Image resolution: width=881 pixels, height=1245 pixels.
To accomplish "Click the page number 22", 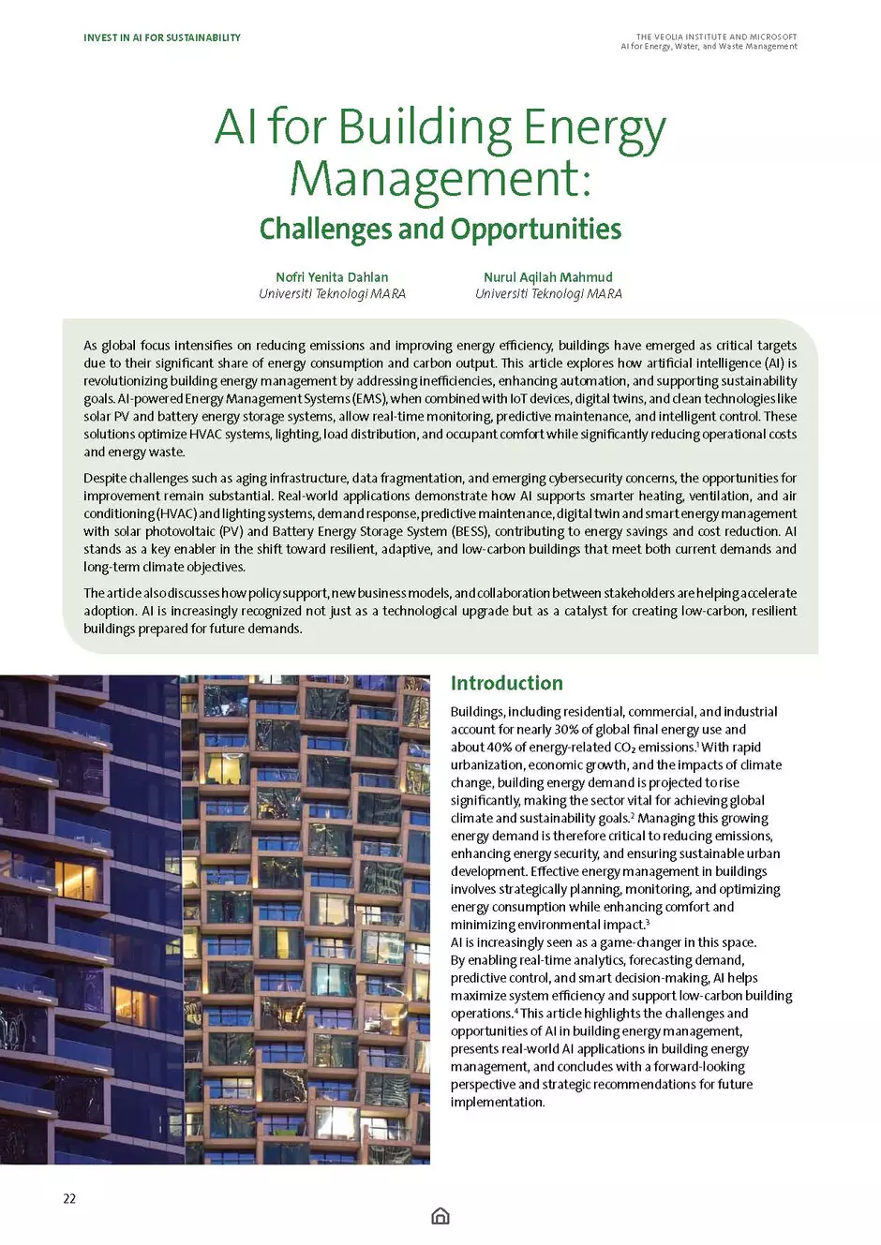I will (x=69, y=1198).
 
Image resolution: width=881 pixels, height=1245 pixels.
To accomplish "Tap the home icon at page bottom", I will (x=440, y=1216).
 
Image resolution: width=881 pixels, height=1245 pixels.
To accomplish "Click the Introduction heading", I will (x=506, y=683).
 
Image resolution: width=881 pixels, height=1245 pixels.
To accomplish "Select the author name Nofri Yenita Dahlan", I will (x=332, y=277).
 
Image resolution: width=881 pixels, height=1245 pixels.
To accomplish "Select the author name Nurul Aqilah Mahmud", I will (x=547, y=277).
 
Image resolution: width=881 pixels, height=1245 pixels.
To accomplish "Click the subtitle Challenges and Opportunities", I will (x=440, y=229).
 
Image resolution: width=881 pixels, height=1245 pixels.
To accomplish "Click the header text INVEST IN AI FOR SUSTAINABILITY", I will (x=161, y=37).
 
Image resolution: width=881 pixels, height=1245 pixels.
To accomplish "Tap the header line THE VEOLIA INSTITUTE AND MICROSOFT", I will (x=716, y=37).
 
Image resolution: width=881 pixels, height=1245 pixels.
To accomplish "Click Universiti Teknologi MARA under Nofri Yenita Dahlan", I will (x=332, y=294).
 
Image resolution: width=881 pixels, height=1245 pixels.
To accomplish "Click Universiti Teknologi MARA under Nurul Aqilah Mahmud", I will (x=547, y=294).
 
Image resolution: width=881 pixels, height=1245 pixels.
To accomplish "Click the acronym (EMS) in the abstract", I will (x=369, y=398).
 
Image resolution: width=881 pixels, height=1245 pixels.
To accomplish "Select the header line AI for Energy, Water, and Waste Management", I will (x=709, y=46).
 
